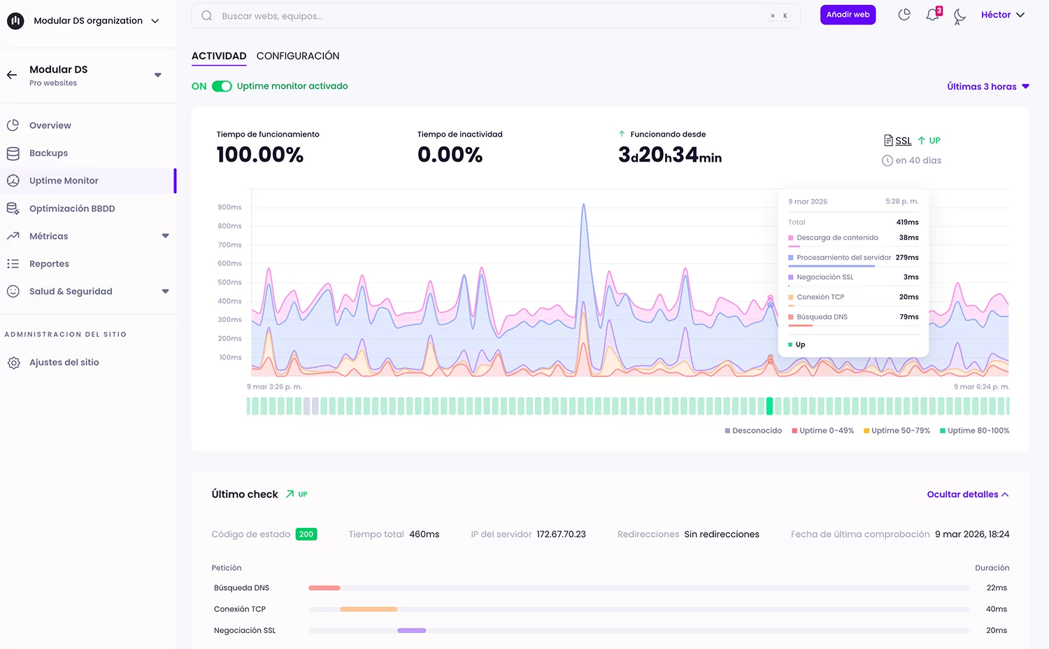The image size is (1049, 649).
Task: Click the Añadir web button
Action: point(848,15)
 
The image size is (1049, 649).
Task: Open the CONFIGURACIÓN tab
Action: point(298,56)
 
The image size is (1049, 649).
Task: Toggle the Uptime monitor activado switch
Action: point(222,86)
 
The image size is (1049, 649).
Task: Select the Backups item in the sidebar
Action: point(48,153)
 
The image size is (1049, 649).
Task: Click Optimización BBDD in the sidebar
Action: point(72,209)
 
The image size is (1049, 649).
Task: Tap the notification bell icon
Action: point(932,15)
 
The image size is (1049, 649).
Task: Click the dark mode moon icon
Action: point(959,15)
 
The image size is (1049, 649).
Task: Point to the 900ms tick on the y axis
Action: point(229,207)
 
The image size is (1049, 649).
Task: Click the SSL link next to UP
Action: point(903,141)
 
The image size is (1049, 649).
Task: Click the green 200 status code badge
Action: point(306,534)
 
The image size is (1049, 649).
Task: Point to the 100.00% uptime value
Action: point(260,155)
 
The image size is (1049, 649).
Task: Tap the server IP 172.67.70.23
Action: point(561,534)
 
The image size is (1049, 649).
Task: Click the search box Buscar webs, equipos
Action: point(490,16)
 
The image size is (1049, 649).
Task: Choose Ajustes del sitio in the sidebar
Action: point(64,363)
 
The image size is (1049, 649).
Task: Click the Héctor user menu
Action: point(1002,15)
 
